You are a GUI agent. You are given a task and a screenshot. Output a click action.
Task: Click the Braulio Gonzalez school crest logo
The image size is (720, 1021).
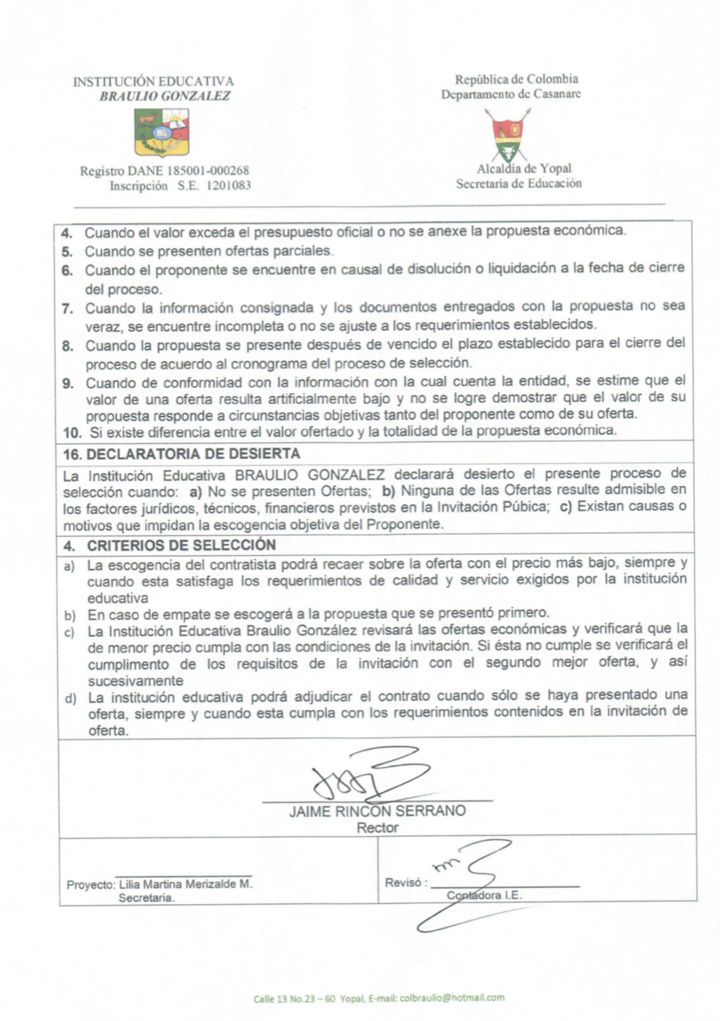(x=161, y=134)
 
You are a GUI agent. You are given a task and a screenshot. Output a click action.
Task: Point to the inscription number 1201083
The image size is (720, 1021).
(x=229, y=186)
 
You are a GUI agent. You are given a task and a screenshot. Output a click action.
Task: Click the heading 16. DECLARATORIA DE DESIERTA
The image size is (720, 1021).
(x=182, y=453)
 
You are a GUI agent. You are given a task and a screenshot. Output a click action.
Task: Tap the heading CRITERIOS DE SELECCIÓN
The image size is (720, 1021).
(x=181, y=546)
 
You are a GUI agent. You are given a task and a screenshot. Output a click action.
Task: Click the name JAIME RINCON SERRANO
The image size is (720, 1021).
(x=377, y=811)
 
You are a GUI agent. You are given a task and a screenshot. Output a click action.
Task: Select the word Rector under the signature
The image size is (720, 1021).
(x=377, y=828)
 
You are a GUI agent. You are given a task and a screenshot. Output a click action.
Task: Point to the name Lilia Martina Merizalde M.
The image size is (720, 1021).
(x=185, y=884)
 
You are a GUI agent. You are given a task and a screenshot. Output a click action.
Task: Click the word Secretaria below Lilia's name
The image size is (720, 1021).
(x=147, y=898)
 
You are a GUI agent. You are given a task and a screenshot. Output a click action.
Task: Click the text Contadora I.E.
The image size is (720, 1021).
(x=484, y=895)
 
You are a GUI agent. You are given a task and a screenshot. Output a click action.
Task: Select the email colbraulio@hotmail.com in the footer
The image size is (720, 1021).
(x=452, y=998)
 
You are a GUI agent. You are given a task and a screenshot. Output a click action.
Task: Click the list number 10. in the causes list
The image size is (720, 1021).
(x=72, y=431)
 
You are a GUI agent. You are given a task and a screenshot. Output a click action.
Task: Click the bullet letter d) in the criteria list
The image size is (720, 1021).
(x=70, y=699)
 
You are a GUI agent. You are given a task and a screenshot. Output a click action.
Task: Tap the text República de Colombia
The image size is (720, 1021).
(x=517, y=79)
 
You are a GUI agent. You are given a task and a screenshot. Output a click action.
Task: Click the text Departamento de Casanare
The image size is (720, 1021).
(x=510, y=94)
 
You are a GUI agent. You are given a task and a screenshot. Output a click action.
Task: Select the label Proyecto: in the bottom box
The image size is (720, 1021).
(x=91, y=885)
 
